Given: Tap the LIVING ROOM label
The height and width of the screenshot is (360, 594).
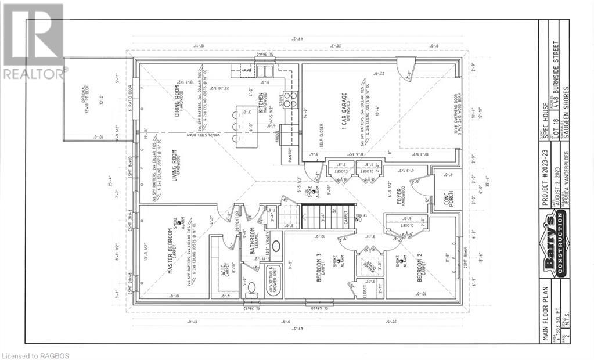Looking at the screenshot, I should click(176, 168).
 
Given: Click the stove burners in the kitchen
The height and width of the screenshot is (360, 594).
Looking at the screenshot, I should click(290, 99).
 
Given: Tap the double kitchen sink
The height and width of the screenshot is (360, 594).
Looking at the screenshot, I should click(265, 71).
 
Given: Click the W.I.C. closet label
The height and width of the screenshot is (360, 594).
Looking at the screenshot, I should click(224, 269).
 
